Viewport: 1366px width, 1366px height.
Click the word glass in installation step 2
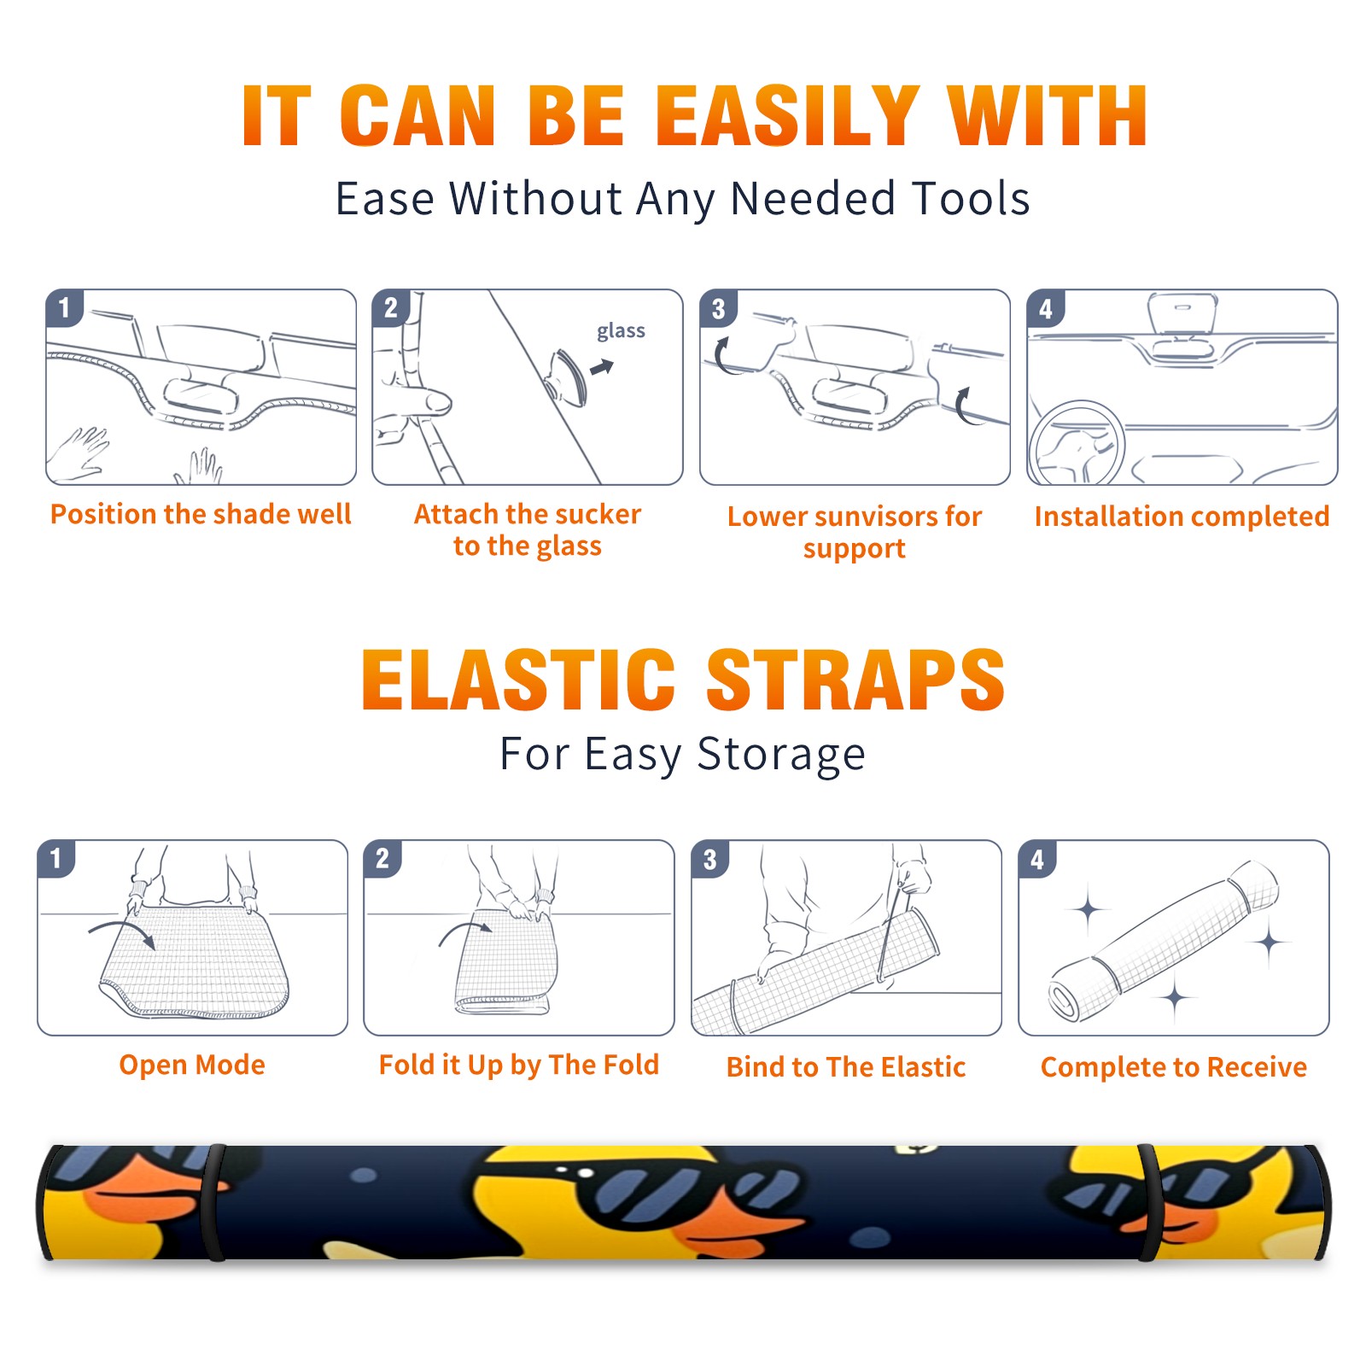click(621, 331)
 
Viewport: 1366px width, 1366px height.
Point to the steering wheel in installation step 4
click(1077, 444)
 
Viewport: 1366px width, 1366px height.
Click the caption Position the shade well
click(201, 514)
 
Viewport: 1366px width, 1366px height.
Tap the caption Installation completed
click(1182, 517)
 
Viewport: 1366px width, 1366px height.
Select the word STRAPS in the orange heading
click(855, 680)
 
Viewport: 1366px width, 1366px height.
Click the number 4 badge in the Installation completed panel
click(1046, 308)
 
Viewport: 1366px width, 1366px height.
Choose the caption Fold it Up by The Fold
click(519, 1065)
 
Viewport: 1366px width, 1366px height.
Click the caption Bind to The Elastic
click(846, 1067)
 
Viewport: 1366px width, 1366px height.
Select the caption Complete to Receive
click(1174, 1067)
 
